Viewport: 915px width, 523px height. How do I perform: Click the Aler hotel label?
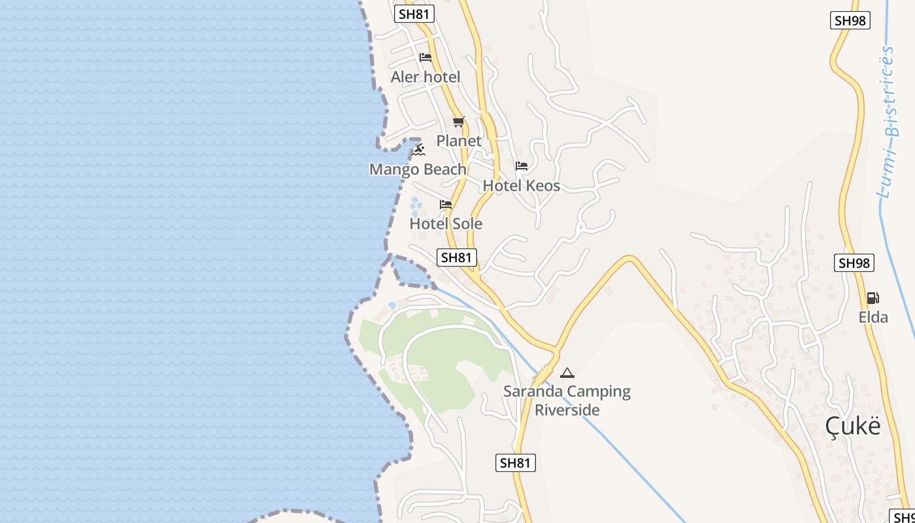(425, 77)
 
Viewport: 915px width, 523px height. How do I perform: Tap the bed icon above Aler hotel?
(425, 58)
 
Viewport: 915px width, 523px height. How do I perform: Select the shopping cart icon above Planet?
(459, 122)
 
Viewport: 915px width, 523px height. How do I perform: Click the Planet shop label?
(459, 141)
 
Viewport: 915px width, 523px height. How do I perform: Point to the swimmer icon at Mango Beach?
(419, 150)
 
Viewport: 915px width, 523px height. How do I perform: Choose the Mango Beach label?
(418, 169)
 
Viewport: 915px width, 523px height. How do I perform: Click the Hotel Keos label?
(522, 186)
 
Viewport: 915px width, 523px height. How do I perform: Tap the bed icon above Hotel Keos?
(522, 166)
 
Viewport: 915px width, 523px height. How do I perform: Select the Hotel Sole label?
(446, 224)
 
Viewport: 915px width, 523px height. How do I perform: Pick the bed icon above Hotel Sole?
(446, 205)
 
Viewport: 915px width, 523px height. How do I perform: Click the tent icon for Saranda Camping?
(567, 373)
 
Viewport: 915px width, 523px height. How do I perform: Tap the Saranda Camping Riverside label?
(567, 401)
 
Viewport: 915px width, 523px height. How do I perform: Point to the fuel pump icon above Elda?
(873, 298)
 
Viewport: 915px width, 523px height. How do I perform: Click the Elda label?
(873, 318)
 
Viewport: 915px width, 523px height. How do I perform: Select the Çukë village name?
(853, 426)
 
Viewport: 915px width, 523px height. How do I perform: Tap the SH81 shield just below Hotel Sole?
(456, 258)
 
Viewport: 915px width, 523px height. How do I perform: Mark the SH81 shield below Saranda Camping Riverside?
(515, 463)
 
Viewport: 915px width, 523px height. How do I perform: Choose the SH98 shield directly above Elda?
(854, 263)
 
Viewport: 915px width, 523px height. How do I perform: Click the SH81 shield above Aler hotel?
(414, 14)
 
